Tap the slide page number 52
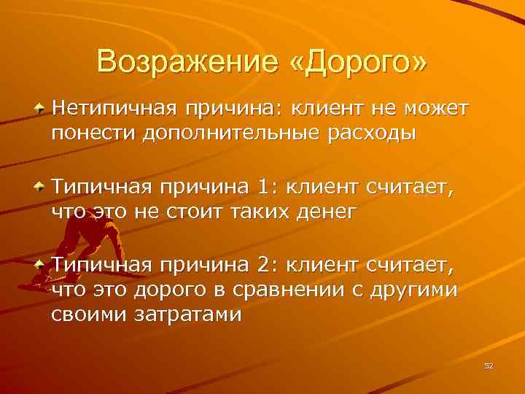click(x=489, y=366)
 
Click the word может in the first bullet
click(x=436, y=109)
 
